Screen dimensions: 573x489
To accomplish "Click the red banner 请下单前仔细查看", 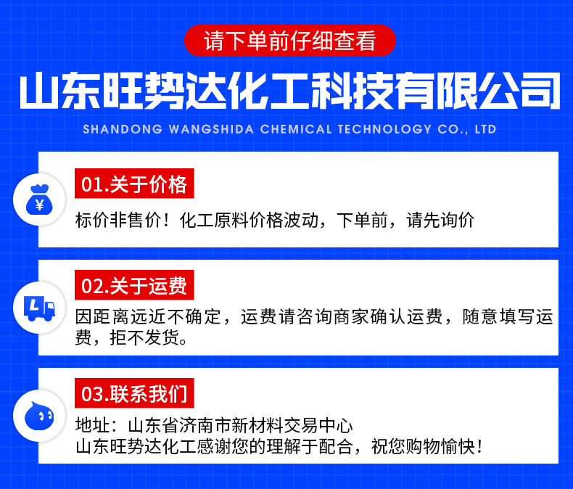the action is tap(290, 41).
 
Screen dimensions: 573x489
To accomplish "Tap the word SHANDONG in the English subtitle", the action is tap(123, 129).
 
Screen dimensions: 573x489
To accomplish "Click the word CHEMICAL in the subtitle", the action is tap(296, 129).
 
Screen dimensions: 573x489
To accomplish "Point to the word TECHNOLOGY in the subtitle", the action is tap(384, 129).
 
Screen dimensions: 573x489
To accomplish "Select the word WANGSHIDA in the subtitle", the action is tap(211, 129).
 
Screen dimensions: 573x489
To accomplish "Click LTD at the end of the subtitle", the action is tap(485, 129).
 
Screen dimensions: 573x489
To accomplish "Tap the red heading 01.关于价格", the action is tap(134, 184).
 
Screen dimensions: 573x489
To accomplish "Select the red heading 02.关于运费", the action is tap(134, 285).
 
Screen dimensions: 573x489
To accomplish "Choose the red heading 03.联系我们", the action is tap(134, 393).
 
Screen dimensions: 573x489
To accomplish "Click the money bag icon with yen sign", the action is tap(39, 200).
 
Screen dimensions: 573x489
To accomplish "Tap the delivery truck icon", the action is tap(39, 308).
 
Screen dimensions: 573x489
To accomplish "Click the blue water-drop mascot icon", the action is tap(39, 416).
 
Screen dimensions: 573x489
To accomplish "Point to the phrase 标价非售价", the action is tap(118, 221).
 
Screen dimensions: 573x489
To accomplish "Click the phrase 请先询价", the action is tap(440, 221).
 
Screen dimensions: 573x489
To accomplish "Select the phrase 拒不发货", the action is tap(144, 337).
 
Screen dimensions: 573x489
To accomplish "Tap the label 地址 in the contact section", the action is tap(92, 425).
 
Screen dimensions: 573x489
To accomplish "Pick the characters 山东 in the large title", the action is tap(59, 91).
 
